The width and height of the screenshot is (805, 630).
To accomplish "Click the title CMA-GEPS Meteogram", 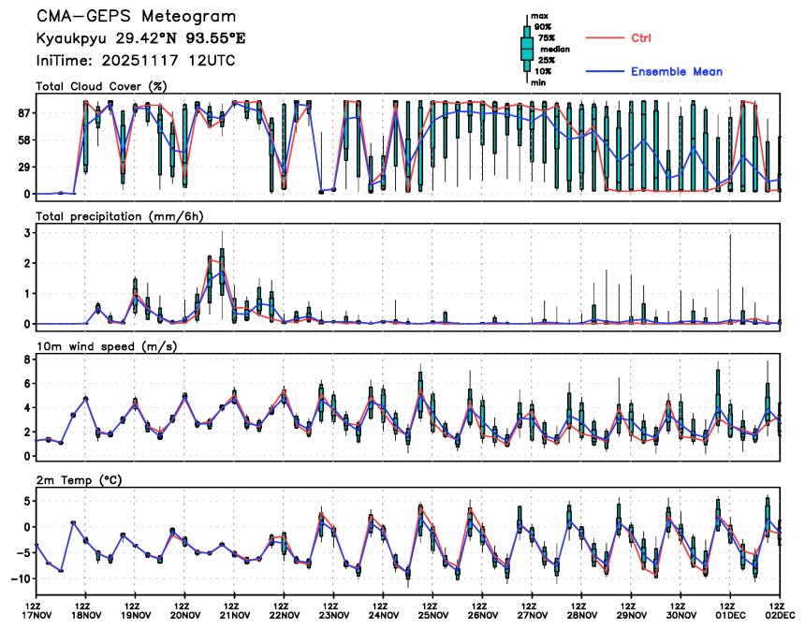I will [x=136, y=17].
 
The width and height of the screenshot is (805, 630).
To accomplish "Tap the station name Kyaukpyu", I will [x=69, y=39].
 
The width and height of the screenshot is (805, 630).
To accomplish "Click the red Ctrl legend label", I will [x=641, y=37].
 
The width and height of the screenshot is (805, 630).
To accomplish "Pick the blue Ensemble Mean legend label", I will [x=676, y=71].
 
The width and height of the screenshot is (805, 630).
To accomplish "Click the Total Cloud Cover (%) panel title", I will [x=101, y=86].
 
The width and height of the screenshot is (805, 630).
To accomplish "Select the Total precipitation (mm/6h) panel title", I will [x=119, y=215].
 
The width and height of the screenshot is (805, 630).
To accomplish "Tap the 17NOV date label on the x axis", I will [x=37, y=615].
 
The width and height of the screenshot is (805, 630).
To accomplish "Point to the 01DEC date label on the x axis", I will [x=731, y=615].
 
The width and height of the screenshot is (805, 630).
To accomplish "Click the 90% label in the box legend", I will [x=542, y=27].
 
